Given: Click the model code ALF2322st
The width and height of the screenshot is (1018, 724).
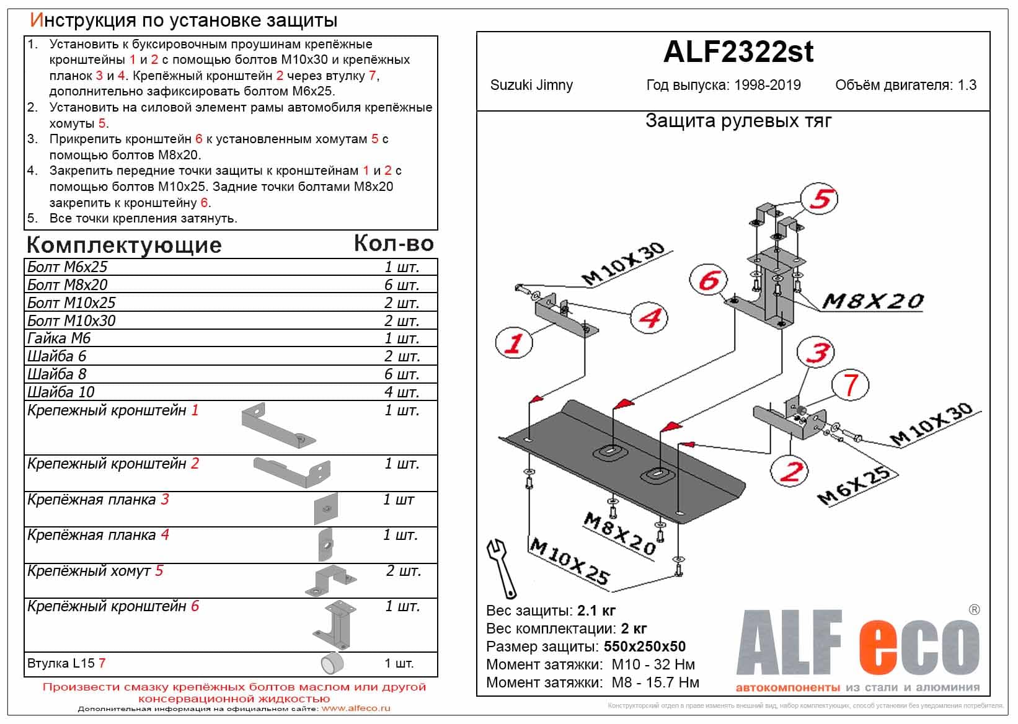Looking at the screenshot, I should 738,52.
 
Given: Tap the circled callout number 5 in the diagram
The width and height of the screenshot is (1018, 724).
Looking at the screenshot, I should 820,199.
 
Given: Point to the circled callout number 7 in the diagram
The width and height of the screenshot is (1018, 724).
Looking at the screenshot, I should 850,385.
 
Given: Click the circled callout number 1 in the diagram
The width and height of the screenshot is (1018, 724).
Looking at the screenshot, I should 514,342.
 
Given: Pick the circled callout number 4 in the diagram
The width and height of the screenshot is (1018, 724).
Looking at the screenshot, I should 648,318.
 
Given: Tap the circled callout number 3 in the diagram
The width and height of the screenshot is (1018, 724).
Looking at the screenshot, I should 817,352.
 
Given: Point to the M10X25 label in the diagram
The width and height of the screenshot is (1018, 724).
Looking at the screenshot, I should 569,562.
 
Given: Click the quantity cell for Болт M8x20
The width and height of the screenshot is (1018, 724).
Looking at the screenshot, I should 402,285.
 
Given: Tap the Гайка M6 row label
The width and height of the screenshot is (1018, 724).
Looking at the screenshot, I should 59,338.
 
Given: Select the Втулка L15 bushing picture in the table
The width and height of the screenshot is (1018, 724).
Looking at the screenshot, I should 332,663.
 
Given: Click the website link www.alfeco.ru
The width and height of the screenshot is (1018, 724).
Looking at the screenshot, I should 356,709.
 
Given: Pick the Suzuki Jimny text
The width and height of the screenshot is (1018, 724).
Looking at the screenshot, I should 531,86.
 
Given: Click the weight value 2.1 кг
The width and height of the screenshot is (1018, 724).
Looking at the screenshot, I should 596,611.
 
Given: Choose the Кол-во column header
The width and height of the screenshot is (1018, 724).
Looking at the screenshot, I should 393,244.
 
